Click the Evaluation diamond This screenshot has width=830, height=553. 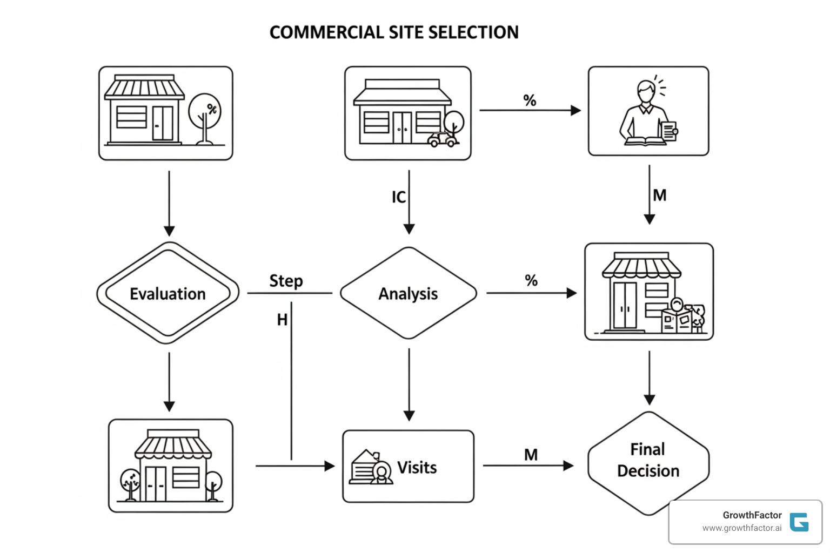pos(168,293)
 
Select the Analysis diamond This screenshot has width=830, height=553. pos(408,293)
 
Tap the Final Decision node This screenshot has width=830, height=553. pos(648,461)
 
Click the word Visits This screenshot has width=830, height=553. pos(417,467)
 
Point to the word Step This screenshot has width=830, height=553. pos(286,281)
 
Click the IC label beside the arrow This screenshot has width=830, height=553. pos(398,197)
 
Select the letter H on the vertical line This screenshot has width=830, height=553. pos(282,320)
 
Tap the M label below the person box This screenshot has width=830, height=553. pos(659,195)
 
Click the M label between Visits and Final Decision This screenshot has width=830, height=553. pos(531,455)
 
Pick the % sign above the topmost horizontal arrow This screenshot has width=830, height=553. pos(530,100)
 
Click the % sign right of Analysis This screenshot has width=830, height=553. pos(531,280)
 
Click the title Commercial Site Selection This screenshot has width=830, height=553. pos(394,32)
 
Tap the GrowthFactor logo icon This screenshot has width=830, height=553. pos(799,522)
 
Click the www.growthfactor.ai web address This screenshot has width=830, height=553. pos(741,528)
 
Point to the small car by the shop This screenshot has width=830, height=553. pos(442,139)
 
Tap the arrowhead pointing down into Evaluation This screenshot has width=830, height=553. pos(169,231)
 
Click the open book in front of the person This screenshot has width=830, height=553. pos(645,141)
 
